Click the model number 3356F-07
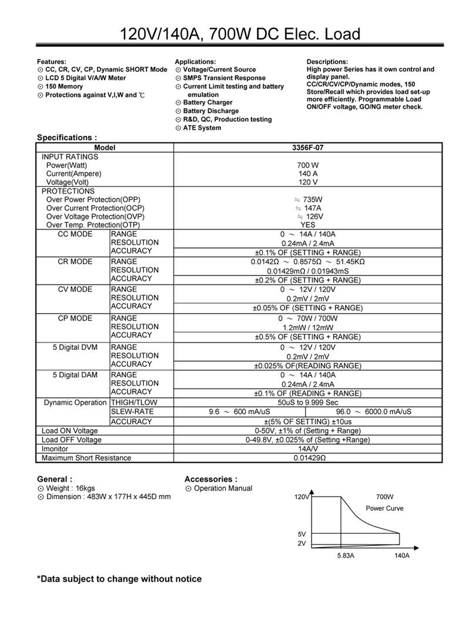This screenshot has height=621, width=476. click(307, 148)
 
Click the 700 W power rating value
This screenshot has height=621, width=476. click(307, 165)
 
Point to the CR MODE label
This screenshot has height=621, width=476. click(75, 261)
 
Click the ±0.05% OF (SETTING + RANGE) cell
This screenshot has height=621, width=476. click(307, 308)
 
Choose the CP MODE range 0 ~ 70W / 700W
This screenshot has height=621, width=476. click(307, 318)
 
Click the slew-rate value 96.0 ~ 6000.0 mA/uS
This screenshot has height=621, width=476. click(374, 411)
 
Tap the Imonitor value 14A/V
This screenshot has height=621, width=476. click(307, 449)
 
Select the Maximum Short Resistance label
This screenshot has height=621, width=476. click(86, 458)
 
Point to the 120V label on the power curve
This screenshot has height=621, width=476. click(301, 497)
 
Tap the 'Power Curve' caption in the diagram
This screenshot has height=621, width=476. click(384, 509)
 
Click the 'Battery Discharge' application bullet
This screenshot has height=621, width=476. click(210, 111)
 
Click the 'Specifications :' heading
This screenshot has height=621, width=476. click(63, 138)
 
